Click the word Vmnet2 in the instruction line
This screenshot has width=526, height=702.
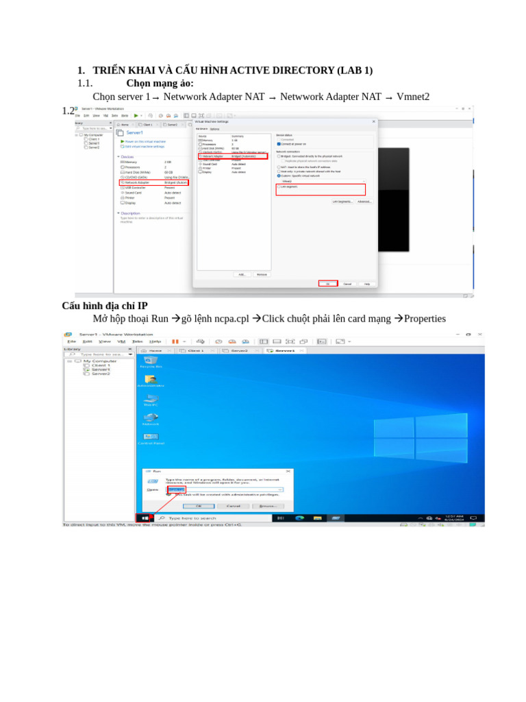(x=413, y=97)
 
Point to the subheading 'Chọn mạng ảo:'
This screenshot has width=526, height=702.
(x=160, y=84)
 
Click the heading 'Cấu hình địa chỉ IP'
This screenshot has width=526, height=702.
(x=105, y=306)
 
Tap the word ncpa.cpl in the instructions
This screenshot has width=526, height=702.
(x=229, y=319)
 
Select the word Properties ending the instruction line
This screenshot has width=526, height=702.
(x=425, y=319)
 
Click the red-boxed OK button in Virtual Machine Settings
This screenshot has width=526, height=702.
(x=327, y=283)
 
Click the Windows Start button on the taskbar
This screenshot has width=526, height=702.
(x=145, y=518)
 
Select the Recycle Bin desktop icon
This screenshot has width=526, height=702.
(x=150, y=361)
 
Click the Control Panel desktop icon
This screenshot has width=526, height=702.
(x=151, y=438)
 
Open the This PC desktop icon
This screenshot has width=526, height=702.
(x=151, y=400)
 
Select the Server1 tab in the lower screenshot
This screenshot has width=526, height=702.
(x=283, y=350)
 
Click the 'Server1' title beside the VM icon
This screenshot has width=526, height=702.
(x=135, y=132)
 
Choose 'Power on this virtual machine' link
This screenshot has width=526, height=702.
(x=143, y=141)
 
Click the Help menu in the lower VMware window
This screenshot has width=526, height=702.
(x=155, y=341)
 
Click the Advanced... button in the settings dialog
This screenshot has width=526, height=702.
(x=364, y=202)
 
